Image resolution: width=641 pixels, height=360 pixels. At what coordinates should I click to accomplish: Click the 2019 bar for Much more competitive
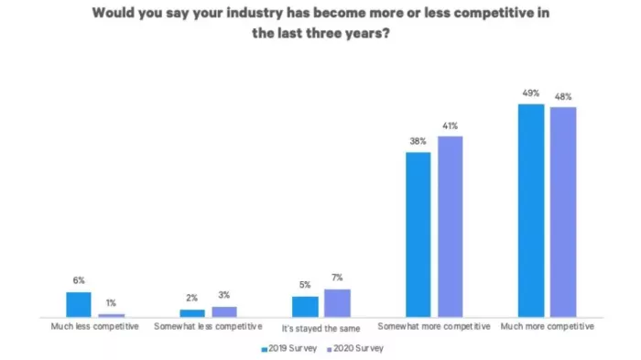pos(531,211)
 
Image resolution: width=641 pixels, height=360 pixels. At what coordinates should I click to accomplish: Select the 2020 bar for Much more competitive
pos(562,213)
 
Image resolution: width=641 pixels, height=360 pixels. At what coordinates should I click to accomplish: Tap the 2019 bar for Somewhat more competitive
pos(418,235)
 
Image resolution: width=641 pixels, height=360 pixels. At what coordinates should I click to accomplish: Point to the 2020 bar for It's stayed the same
pos(337,302)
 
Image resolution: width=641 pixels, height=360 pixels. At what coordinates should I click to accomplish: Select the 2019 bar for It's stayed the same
pos(306,306)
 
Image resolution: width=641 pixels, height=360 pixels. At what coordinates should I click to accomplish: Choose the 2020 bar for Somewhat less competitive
pos(224,311)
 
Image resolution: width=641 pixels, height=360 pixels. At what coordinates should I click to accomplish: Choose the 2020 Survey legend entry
pos(353,348)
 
